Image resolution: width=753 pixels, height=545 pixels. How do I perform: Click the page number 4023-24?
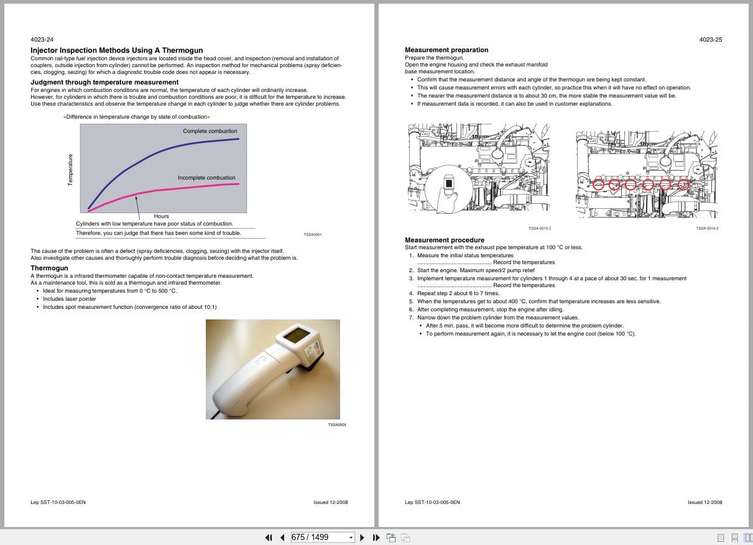pyautogui.click(x=42, y=40)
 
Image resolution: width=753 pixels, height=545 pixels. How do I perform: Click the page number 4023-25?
pyautogui.click(x=710, y=40)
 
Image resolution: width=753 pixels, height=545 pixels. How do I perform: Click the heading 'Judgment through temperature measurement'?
pyautogui.click(x=104, y=82)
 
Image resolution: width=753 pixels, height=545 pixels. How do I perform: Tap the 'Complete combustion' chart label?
pyautogui.click(x=210, y=131)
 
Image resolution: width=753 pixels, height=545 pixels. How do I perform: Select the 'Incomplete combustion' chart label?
pyautogui.click(x=206, y=178)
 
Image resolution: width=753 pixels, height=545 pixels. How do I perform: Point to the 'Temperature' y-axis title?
pyautogui.click(x=70, y=169)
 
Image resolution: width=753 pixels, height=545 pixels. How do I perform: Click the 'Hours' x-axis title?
pyautogui.click(x=161, y=216)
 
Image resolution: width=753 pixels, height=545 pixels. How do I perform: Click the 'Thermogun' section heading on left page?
pyautogui.click(x=49, y=268)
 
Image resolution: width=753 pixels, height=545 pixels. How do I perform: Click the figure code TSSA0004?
pyautogui.click(x=336, y=424)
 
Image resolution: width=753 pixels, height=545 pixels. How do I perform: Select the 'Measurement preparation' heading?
pyautogui.click(x=446, y=50)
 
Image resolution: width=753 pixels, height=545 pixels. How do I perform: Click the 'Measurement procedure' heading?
pyautogui.click(x=444, y=240)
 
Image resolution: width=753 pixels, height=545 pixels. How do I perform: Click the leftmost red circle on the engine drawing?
pyautogui.click(x=598, y=185)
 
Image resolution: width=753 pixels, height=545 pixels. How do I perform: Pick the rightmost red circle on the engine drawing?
pyautogui.click(x=683, y=185)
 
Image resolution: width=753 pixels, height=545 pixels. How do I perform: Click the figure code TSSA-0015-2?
pyautogui.click(x=540, y=228)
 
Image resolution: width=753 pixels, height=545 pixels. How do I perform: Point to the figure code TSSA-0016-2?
pyautogui.click(x=707, y=228)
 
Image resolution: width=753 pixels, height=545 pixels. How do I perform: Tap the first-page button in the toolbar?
pyautogui.click(x=269, y=537)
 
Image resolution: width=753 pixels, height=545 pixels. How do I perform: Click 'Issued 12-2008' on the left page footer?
pyautogui.click(x=331, y=502)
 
